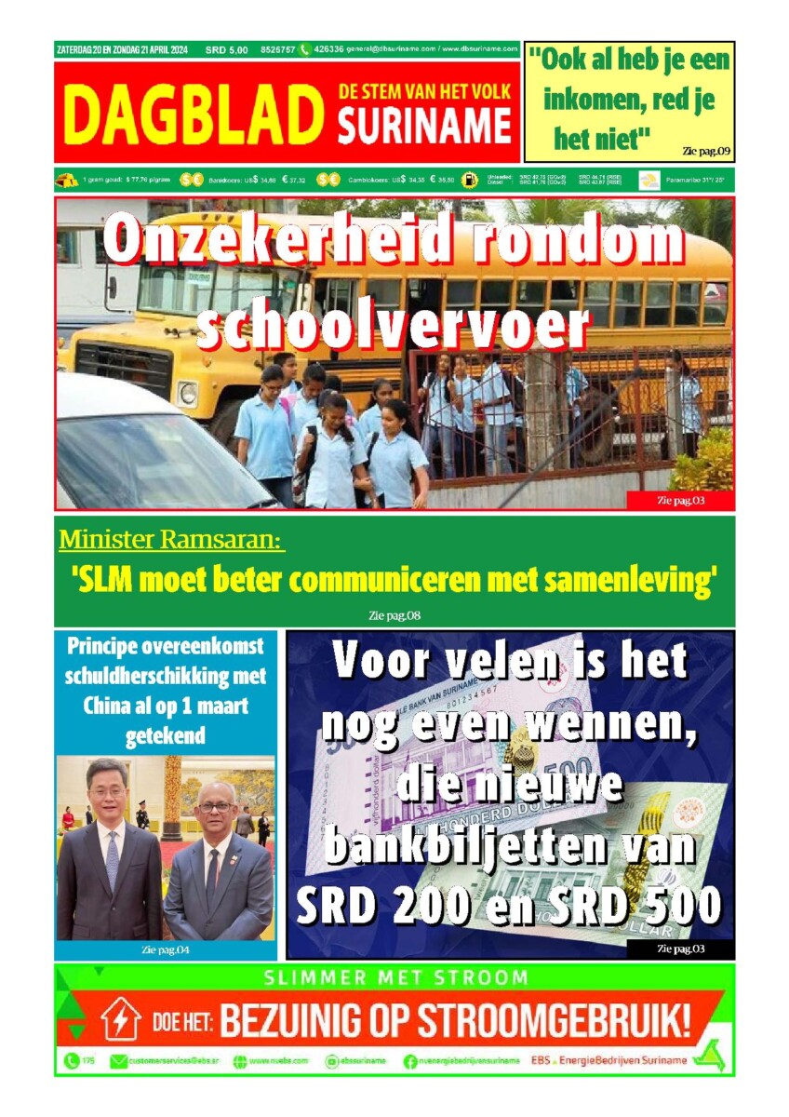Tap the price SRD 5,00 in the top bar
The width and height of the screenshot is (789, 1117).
228,49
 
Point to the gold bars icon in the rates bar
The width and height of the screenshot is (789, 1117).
67,181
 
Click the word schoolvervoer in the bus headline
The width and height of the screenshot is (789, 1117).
394,327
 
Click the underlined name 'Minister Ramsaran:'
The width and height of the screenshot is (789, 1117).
171,540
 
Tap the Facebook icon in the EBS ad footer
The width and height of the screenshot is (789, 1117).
410,1061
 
